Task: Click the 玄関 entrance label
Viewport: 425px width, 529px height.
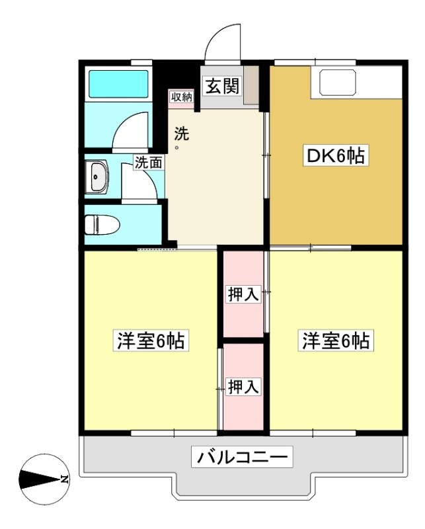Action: tap(222, 86)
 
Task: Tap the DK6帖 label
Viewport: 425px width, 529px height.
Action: tap(336, 155)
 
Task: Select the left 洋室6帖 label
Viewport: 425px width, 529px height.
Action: tap(151, 341)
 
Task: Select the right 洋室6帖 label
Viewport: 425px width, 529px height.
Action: tap(336, 341)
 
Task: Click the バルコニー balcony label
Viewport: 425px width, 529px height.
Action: tap(242, 457)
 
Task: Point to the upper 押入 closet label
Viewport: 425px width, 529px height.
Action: tap(243, 294)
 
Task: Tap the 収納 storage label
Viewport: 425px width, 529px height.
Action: tap(182, 97)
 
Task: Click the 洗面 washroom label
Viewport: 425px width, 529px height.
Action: tap(149, 163)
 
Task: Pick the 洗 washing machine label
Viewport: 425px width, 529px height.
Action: tap(182, 134)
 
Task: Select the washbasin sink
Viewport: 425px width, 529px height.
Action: tap(97, 177)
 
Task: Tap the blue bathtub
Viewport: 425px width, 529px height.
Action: tap(118, 84)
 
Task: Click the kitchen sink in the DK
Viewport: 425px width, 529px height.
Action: tap(338, 82)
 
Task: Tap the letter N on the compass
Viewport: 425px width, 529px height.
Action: tap(63, 479)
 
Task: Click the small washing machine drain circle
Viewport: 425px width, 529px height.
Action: tap(176, 147)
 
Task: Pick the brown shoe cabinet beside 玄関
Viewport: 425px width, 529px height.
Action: tap(251, 85)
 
